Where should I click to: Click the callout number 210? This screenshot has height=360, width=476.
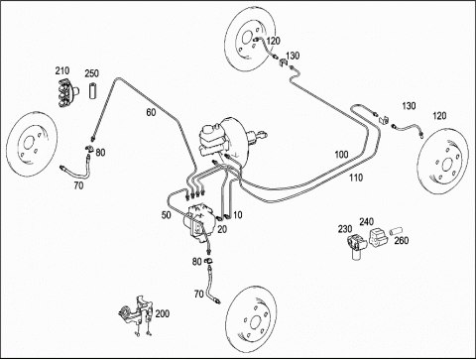click(62, 70)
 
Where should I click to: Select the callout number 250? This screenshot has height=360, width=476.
click(91, 73)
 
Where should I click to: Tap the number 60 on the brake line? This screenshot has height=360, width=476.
click(151, 112)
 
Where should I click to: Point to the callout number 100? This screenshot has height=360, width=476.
click(341, 155)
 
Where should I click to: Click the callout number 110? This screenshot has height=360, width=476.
click(356, 178)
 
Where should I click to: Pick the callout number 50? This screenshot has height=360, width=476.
click(167, 215)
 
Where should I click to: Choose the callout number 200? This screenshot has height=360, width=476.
click(163, 313)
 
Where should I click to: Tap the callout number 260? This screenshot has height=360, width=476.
click(402, 240)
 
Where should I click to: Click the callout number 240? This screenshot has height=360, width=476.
click(367, 221)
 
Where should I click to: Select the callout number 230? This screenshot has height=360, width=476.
click(345, 229)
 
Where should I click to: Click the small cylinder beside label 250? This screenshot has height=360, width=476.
click(92, 89)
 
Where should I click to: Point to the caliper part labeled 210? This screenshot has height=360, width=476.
click(67, 93)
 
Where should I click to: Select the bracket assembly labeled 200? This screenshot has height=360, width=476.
click(136, 314)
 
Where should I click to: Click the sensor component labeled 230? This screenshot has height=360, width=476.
click(356, 245)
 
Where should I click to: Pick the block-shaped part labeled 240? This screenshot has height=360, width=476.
click(378, 238)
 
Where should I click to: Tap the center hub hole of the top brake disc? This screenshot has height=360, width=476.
click(247, 38)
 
